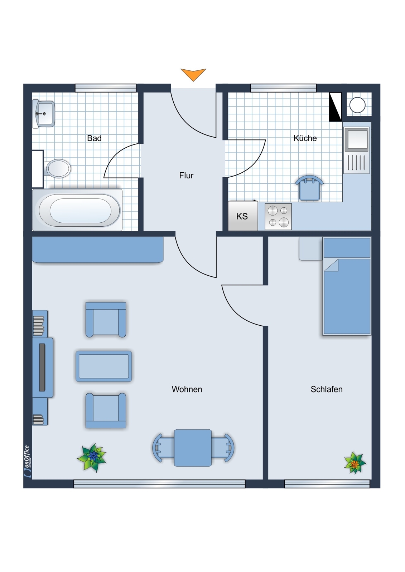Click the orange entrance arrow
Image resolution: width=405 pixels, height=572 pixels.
[193, 74]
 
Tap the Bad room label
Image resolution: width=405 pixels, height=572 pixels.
[94, 138]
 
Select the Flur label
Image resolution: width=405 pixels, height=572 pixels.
[186, 176]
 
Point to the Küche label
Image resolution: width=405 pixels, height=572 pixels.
[305, 138]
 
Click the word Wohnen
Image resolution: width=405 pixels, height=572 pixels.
[187, 389]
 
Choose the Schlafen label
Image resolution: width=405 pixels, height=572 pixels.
[327, 389]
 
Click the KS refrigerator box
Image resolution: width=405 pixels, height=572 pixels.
[243, 216]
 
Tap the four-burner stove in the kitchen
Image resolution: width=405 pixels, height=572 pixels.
[278, 216]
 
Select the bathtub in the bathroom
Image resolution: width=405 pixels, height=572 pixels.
[77, 210]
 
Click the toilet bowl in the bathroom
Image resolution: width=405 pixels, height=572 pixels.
[58, 168]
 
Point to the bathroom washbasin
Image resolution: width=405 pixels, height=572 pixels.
[44, 114]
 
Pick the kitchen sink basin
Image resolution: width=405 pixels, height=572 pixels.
[356, 140]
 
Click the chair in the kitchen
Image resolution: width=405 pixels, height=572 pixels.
[309, 187]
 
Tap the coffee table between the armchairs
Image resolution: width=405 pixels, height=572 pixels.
[103, 366]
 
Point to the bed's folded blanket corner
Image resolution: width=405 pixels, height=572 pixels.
[332, 265]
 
